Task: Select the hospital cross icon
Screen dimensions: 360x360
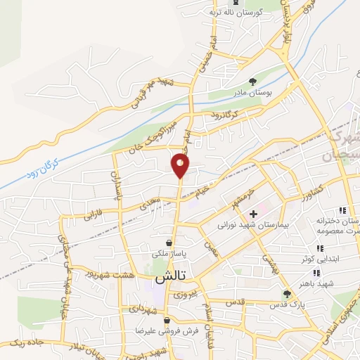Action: (x=253, y=213)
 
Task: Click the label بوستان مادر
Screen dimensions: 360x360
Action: (x=253, y=93)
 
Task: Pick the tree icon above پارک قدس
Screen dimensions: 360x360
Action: (x=286, y=293)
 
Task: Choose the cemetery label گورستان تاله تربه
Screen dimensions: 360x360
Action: (x=237, y=12)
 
